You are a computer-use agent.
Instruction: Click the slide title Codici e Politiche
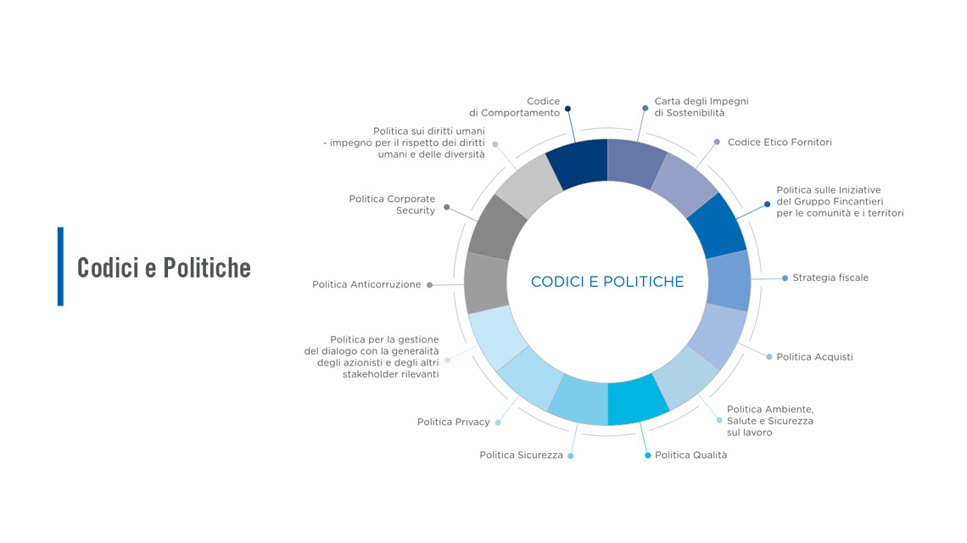click(164, 268)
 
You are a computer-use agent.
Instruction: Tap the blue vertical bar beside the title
click(60, 266)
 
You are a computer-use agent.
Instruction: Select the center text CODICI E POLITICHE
click(607, 282)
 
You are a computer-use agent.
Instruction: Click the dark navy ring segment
click(578, 163)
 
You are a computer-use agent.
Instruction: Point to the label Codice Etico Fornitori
click(780, 142)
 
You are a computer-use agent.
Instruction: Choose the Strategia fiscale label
click(830, 277)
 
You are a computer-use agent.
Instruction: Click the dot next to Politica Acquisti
click(769, 356)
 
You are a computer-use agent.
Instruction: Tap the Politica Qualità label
click(690, 455)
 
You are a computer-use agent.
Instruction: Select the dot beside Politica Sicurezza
click(571, 456)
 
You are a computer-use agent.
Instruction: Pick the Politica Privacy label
click(453, 422)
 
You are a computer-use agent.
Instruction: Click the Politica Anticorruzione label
click(366, 284)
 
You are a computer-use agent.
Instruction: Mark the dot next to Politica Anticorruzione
click(430, 285)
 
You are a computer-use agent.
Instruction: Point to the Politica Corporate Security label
click(392, 204)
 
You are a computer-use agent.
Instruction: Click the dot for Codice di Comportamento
click(568, 109)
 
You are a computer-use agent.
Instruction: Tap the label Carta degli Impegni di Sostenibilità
click(701, 107)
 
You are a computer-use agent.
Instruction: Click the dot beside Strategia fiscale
click(785, 278)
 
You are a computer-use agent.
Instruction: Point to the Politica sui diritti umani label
click(404, 143)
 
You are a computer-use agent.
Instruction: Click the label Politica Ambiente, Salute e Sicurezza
click(770, 421)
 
